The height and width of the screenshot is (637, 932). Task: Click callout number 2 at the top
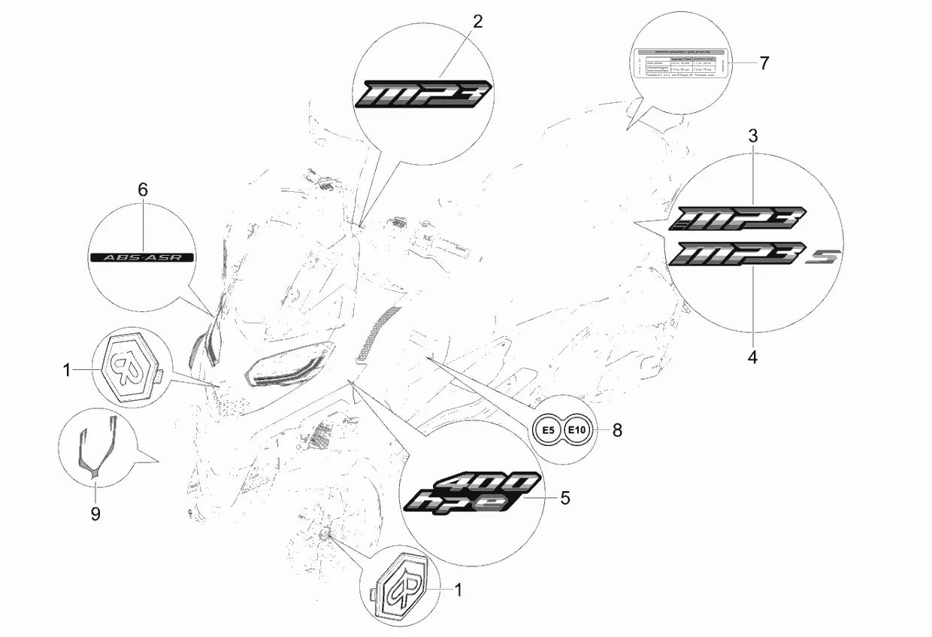[477, 21]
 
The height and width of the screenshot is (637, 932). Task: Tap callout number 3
[752, 136]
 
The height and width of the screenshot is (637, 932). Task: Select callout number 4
[752, 357]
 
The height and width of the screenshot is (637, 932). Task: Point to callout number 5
[565, 497]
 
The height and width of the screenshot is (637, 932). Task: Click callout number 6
[142, 190]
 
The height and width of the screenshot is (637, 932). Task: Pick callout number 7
[764, 63]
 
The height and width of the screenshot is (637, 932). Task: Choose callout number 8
[617, 430]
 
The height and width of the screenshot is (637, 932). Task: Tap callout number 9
[95, 514]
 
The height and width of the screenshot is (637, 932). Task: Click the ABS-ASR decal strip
[142, 256]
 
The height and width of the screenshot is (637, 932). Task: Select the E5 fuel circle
[548, 430]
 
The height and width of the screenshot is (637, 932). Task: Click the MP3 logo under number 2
[424, 94]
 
